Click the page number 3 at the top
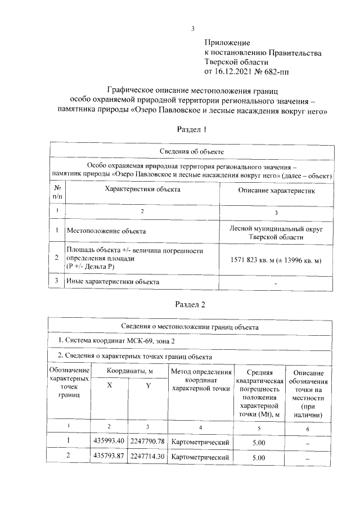(x=193, y=29)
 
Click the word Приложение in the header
(x=227, y=43)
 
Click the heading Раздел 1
(x=192, y=129)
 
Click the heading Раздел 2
(x=192, y=304)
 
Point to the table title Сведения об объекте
(x=192, y=152)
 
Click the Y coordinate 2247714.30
(x=148, y=457)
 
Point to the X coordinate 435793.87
(x=109, y=457)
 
